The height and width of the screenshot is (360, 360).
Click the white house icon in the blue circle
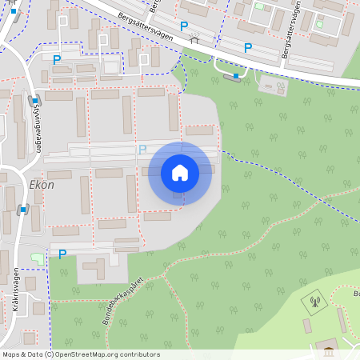point(179,172)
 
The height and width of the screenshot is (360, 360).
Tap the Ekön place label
point(41,184)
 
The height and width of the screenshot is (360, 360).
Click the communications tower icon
point(314,302)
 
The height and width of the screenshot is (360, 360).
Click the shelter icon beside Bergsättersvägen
point(194,38)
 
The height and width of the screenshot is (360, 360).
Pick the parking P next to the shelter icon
point(184,26)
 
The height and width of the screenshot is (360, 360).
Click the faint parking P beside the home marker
point(142,150)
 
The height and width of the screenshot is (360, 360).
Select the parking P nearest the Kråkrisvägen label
point(62,254)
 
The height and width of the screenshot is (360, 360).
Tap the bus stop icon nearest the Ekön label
point(23,210)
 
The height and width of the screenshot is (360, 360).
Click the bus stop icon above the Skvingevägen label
point(34,101)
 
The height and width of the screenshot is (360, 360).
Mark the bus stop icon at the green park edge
point(236,76)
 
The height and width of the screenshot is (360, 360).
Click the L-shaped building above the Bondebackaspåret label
point(96,266)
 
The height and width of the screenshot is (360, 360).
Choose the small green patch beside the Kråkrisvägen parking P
point(37,257)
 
